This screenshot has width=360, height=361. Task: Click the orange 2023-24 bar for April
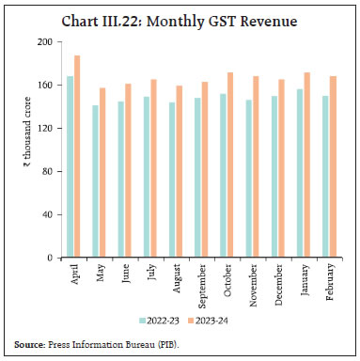pos(76,156)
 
